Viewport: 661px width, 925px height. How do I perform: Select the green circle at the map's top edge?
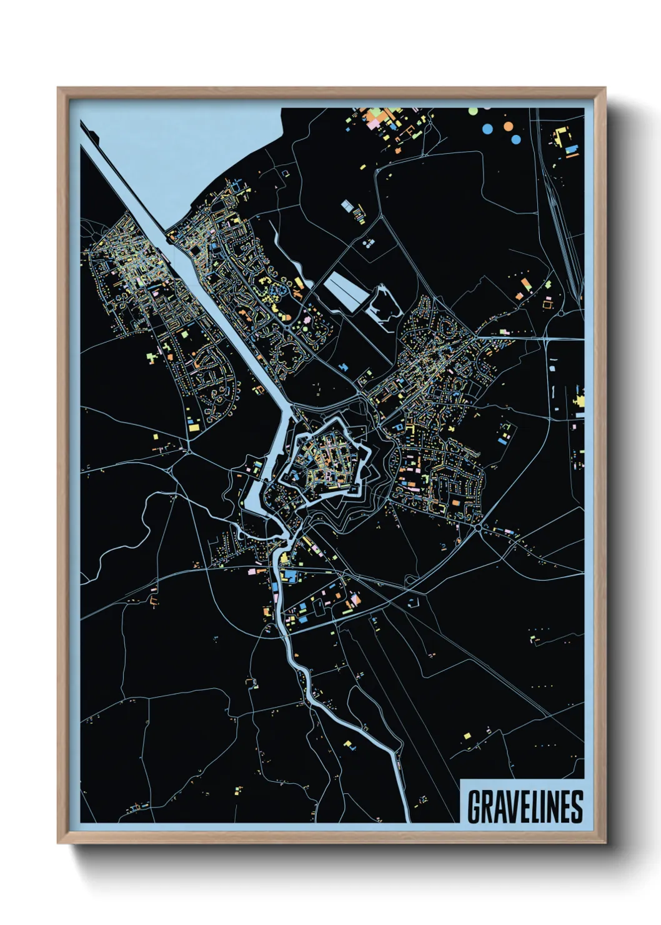(x=473, y=111)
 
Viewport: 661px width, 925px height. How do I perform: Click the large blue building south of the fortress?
(x=289, y=576)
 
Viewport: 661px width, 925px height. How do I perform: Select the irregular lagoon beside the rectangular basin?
(x=384, y=306)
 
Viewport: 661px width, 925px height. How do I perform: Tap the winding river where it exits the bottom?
(x=407, y=812)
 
